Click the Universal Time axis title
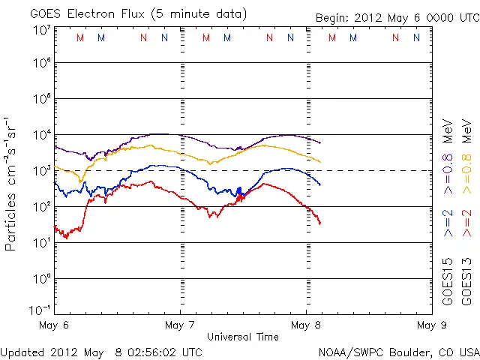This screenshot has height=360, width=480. (x=243, y=337)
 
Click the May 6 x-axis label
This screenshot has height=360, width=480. (x=54, y=325)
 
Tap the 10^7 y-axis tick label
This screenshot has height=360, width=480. (x=41, y=30)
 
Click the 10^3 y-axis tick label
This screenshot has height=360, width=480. (x=41, y=171)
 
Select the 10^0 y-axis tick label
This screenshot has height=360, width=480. (x=41, y=278)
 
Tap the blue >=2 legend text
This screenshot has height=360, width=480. (x=448, y=223)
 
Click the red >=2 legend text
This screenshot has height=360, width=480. (x=466, y=223)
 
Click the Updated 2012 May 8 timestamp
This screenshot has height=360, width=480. (x=101, y=352)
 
